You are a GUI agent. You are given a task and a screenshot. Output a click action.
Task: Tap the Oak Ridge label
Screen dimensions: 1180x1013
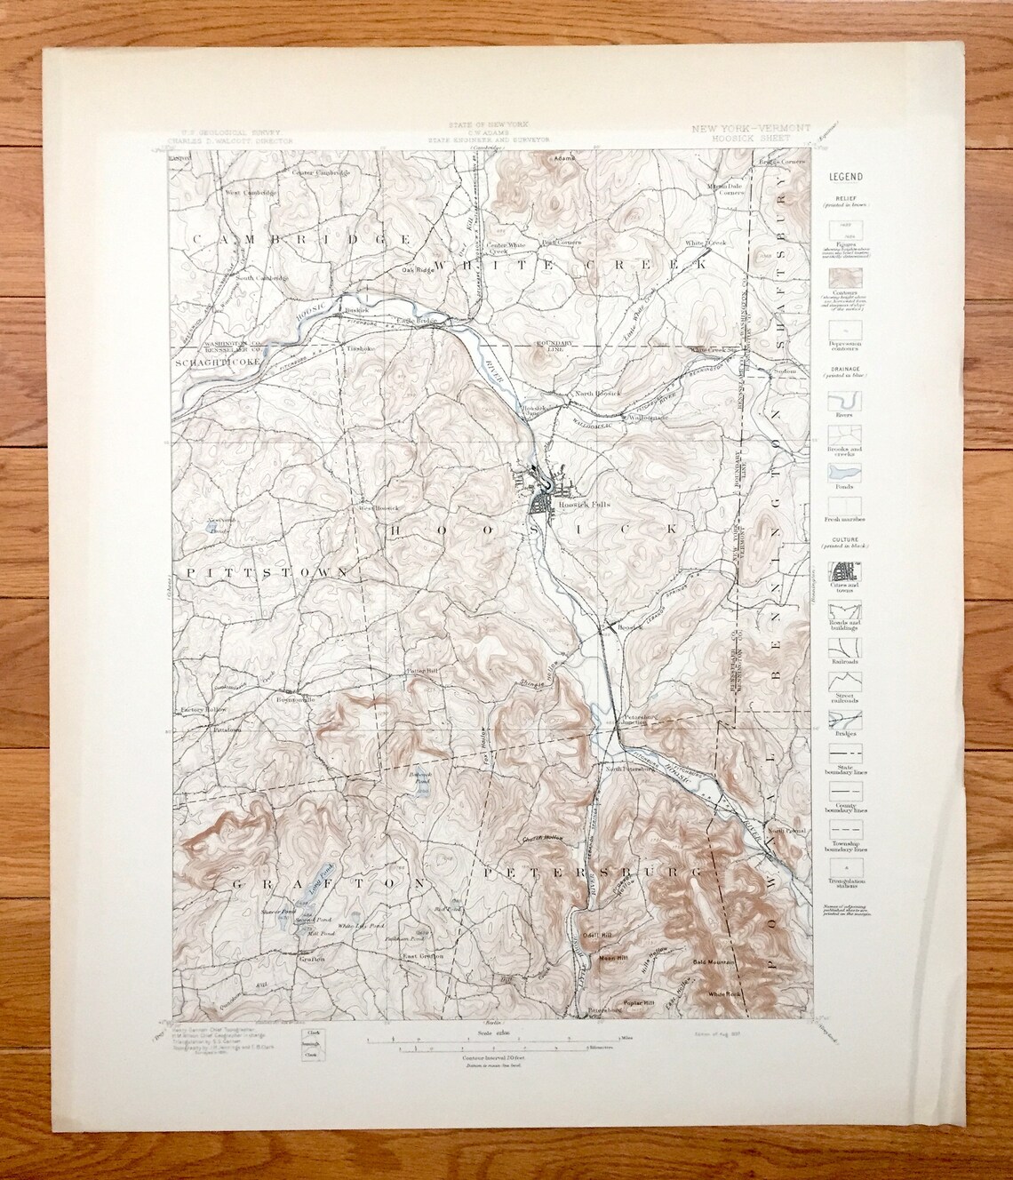[417, 271]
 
